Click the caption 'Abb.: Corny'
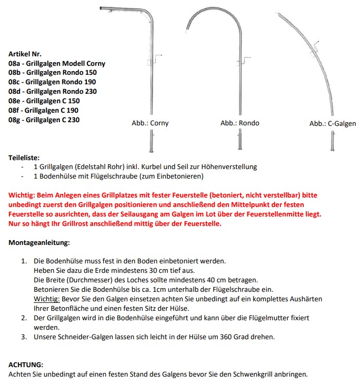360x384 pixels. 150,123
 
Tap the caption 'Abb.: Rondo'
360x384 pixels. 239,123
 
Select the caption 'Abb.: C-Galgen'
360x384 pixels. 332,123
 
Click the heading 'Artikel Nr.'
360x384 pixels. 25,54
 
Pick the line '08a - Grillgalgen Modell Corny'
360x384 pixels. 57,63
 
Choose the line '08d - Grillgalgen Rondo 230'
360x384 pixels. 53,91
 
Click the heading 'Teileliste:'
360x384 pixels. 24,157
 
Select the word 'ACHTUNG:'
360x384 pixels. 26,365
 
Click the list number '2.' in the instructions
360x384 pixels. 24,318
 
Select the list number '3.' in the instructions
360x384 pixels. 24,337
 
